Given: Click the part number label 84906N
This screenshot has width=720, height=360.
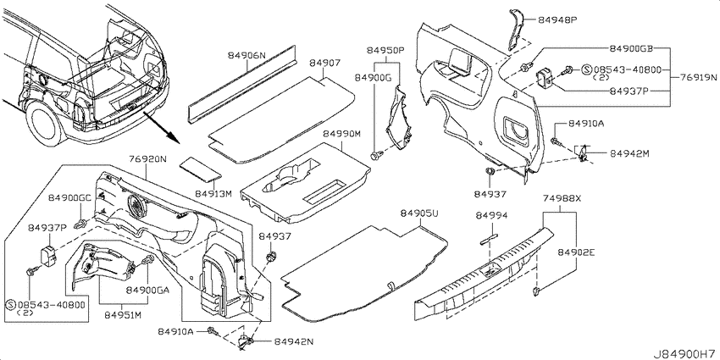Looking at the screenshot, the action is [246, 56].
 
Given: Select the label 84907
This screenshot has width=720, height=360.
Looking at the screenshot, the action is [324, 63].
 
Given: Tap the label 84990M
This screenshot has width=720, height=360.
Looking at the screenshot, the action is [341, 134].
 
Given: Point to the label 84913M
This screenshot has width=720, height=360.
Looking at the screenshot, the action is [213, 194].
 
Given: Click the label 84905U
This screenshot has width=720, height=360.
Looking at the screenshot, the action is [419, 213].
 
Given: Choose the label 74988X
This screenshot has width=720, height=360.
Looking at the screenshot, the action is [562, 199].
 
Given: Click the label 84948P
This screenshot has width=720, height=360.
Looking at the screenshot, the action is [557, 20].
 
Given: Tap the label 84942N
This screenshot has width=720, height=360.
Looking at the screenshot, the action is [293, 341].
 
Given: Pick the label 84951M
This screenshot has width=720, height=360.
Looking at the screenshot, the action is [124, 315].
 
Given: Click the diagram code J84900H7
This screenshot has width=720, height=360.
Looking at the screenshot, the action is [685, 354].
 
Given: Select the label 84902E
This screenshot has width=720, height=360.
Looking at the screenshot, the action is [576, 252].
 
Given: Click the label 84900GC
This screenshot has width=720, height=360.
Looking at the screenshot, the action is [70, 198].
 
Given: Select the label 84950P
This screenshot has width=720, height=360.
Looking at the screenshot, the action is [385, 50].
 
